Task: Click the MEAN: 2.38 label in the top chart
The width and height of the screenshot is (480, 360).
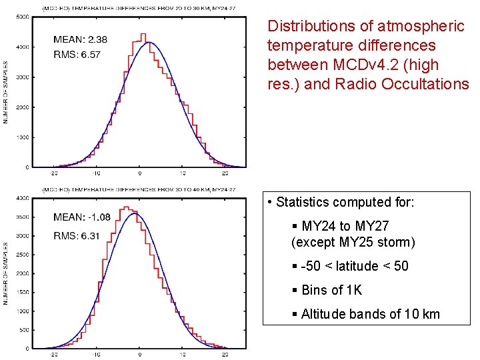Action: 80,39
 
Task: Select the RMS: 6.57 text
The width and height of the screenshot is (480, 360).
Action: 77,55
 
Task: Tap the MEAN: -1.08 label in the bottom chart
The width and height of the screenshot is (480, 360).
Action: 82,217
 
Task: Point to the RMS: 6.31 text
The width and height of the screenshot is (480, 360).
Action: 77,235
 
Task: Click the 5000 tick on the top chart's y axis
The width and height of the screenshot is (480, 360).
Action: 22,18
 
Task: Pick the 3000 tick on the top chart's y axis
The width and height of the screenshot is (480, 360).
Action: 22,78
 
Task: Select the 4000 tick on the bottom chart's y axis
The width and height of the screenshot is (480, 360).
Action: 22,198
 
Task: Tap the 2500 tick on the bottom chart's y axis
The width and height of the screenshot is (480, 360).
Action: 22,255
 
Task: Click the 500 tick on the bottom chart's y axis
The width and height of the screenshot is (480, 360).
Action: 23,330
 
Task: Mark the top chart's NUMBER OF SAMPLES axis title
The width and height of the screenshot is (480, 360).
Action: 5,92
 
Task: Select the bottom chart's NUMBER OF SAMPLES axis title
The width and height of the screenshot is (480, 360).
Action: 5,273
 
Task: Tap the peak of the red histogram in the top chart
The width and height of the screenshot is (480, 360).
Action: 143,34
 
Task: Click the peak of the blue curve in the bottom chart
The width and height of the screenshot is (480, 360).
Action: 135,213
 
